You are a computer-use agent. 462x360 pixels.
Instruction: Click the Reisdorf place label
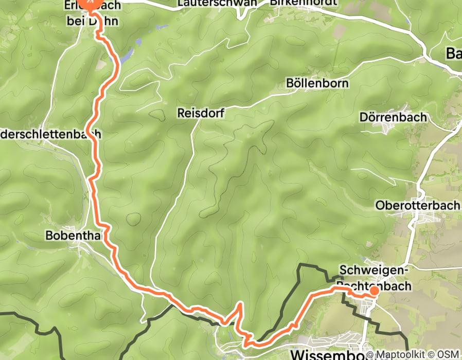[201, 113]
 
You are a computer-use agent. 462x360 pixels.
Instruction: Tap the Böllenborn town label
[318, 83]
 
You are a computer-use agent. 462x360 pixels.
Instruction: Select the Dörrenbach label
[394, 117]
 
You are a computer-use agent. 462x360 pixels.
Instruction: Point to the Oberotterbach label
[417, 205]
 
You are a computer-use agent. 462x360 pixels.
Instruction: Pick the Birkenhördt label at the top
[304, 3]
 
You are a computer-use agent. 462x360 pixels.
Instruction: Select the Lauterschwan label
[217, 3]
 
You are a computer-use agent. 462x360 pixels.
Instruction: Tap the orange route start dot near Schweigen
[374, 291]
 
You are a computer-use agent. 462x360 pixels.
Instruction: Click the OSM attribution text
[448, 354]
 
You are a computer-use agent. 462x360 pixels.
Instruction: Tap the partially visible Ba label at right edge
[453, 53]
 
